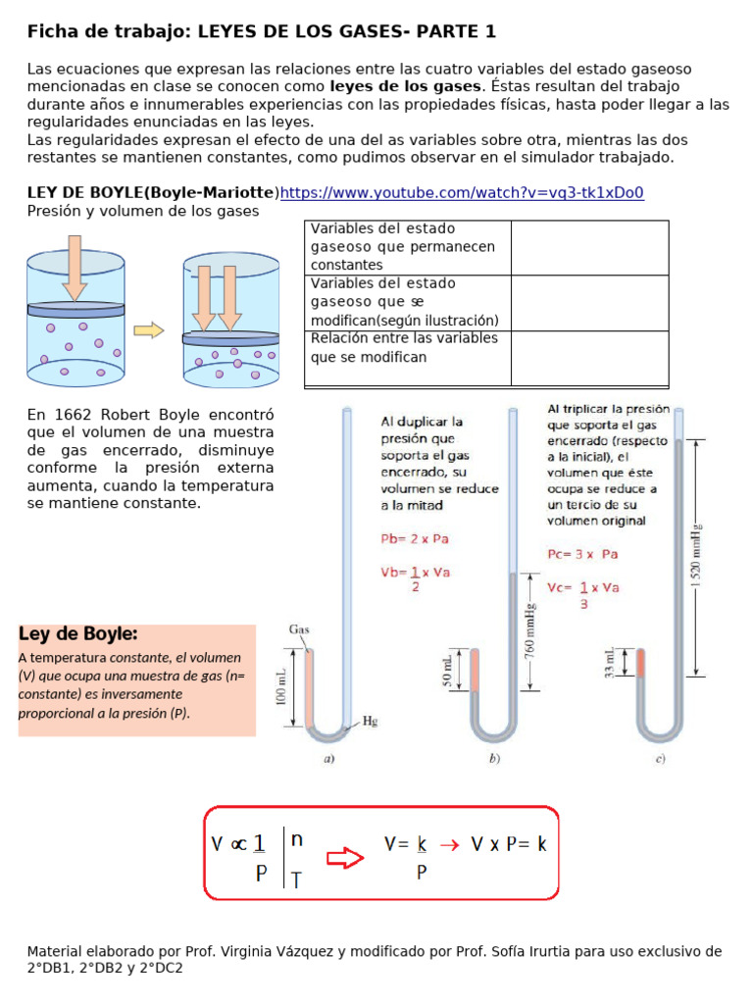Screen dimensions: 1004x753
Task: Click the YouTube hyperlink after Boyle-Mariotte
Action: (462, 193)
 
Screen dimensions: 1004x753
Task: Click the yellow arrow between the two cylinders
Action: (148, 330)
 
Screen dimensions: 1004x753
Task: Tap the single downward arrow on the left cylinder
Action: (75, 268)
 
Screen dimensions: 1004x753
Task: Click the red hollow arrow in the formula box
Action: (344, 859)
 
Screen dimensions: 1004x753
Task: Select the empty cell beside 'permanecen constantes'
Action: (589, 247)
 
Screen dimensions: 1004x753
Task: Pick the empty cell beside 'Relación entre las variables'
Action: (589, 358)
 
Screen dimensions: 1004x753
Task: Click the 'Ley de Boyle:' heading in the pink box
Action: (77, 633)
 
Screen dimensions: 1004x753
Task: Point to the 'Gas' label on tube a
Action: (300, 628)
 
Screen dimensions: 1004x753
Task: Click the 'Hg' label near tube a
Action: (371, 721)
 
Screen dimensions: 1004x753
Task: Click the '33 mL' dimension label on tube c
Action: (610, 663)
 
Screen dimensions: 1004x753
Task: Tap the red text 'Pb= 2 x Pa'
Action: (415, 539)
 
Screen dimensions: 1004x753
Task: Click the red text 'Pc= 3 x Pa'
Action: (583, 554)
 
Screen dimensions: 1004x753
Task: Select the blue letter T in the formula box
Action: (296, 879)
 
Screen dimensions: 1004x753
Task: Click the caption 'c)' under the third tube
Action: (661, 758)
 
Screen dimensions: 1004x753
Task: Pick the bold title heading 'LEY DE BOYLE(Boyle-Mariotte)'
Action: (153, 193)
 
